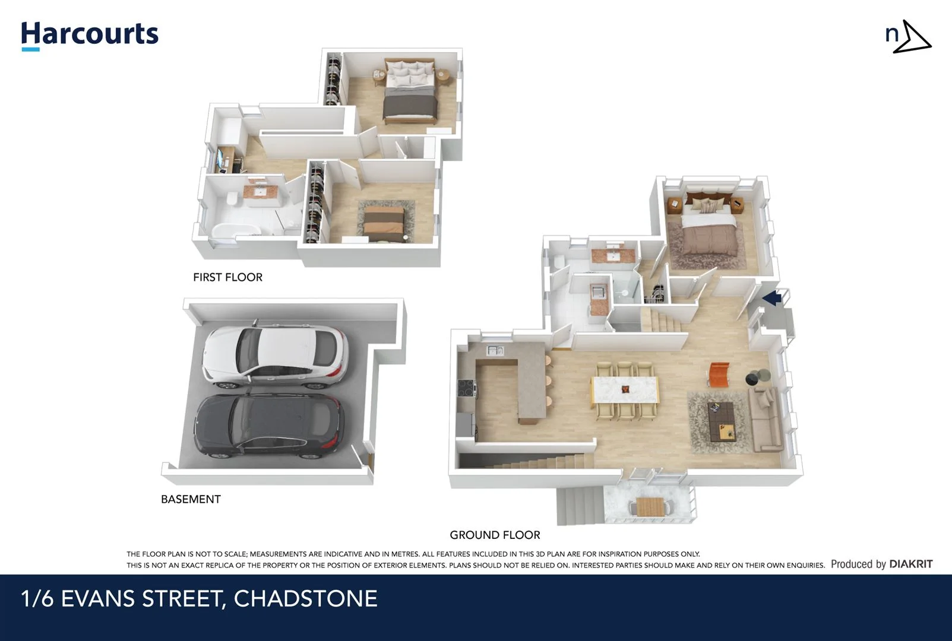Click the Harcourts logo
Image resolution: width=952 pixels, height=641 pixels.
pyautogui.click(x=90, y=35)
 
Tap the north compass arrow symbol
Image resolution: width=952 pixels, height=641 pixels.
pyautogui.click(x=912, y=37)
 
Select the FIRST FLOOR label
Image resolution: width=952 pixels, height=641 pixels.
pyautogui.click(x=227, y=277)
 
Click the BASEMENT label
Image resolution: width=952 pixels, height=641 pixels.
pyautogui.click(x=191, y=499)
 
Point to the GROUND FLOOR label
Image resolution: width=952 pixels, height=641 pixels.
pyautogui.click(x=495, y=535)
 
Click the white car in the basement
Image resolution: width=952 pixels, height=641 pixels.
pyautogui.click(x=275, y=356)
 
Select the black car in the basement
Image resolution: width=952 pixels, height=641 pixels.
pyautogui.click(x=269, y=426)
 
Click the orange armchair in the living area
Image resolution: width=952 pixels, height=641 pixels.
pyautogui.click(x=719, y=374)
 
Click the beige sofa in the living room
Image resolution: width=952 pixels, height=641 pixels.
pyautogui.click(x=766, y=419)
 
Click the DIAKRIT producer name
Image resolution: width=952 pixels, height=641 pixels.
pyautogui.click(x=910, y=564)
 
